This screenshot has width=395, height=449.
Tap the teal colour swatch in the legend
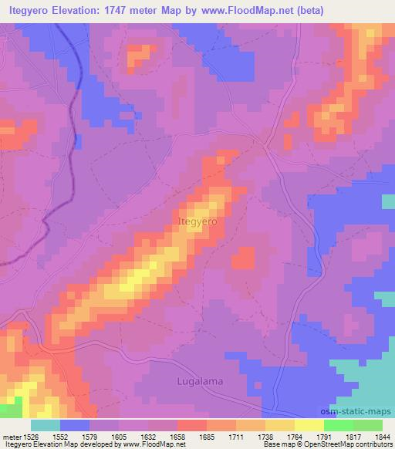pos(46,425)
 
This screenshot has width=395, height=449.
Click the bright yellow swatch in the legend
pos(309,425)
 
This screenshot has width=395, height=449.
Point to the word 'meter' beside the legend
pos(9,436)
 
